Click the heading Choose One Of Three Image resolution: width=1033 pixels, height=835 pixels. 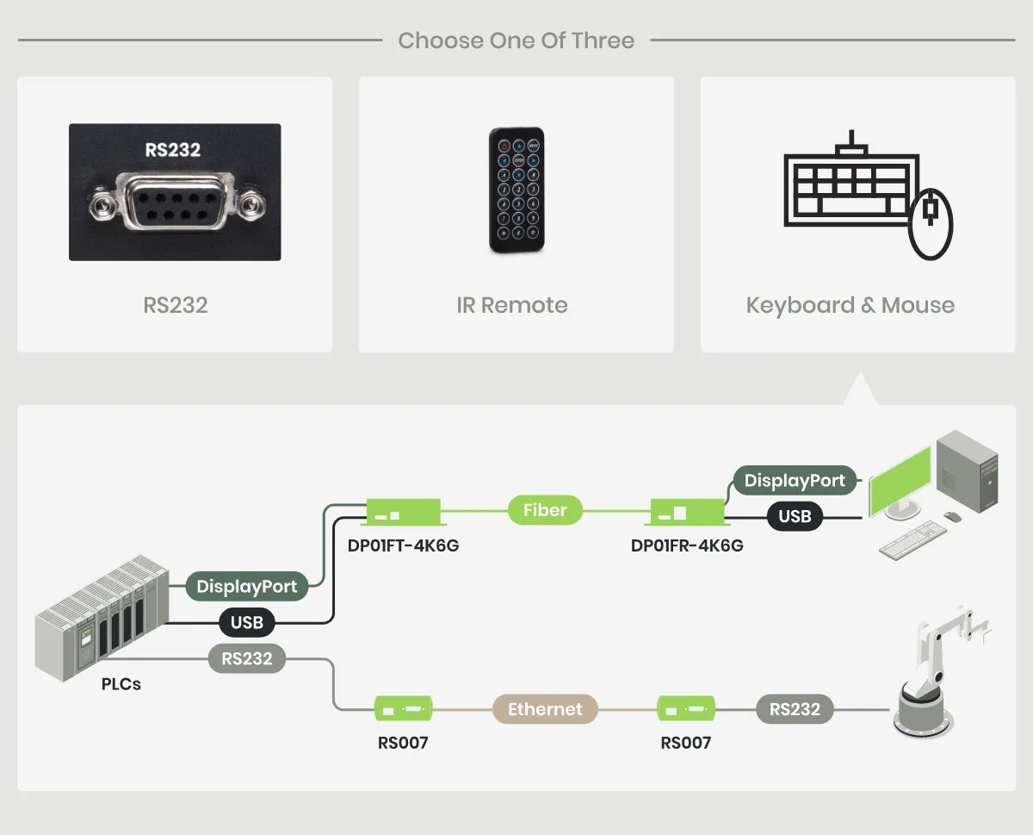point(516,41)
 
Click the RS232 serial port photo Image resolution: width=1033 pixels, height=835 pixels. point(175,192)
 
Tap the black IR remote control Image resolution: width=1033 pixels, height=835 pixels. point(516,190)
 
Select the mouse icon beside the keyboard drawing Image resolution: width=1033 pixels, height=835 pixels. point(931,224)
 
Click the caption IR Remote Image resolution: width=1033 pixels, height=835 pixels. point(512,305)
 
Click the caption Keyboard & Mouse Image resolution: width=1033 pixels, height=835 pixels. point(851,305)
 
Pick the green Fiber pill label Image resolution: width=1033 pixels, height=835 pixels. point(545,510)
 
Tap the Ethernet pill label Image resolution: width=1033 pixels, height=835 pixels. point(545,709)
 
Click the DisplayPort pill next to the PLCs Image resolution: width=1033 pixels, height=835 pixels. point(247,587)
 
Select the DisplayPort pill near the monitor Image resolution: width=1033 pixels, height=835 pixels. point(795,480)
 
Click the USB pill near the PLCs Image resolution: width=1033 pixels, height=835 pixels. point(247,621)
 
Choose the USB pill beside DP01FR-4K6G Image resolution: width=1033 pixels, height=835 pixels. point(795,516)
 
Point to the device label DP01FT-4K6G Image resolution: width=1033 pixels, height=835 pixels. point(403,545)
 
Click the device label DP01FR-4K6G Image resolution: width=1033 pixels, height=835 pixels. point(687,545)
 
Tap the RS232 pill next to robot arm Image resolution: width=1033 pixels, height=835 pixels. point(795,709)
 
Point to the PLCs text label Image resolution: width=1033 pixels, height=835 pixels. point(121,685)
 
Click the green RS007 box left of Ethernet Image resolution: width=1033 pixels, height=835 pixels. point(403,709)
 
